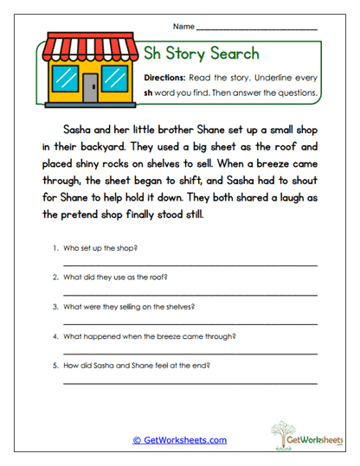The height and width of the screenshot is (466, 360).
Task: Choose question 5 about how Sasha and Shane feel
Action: [x=137, y=365]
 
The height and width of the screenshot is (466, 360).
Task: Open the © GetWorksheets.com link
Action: [x=179, y=439]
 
